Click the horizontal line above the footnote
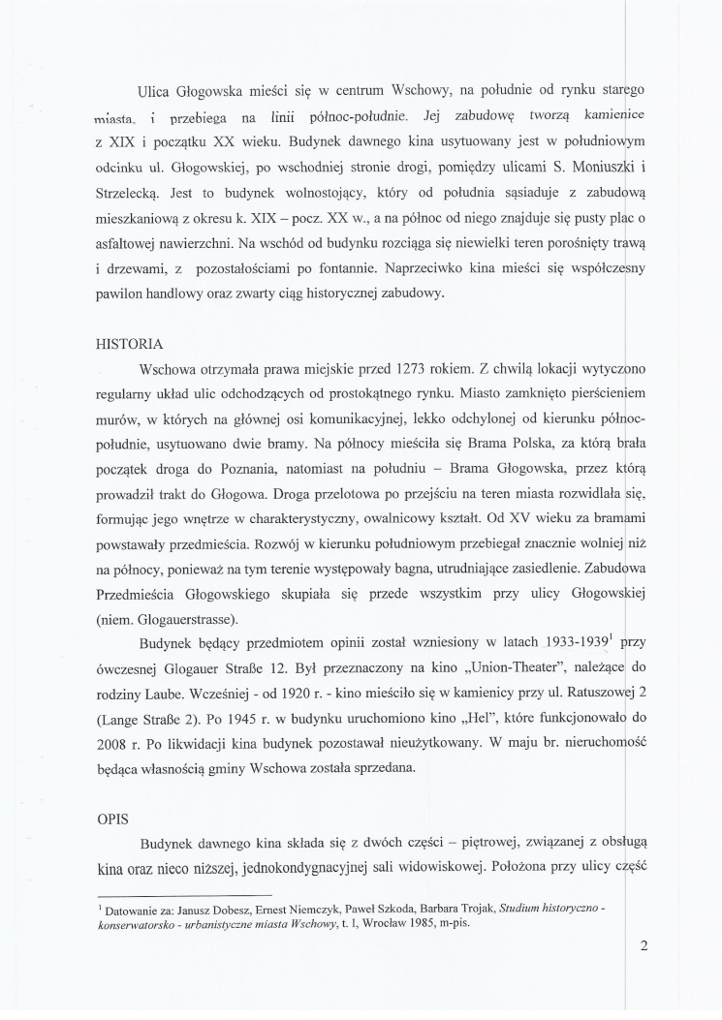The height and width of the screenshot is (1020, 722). [185, 895]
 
